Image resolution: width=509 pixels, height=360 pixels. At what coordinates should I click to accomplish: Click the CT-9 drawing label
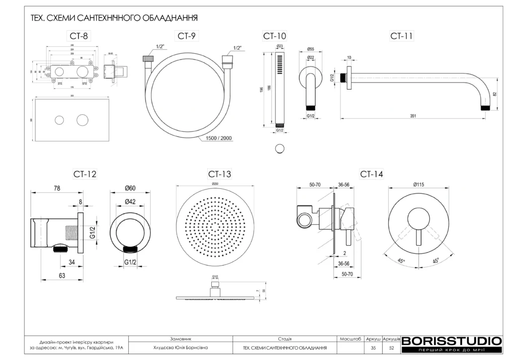pos(185,36)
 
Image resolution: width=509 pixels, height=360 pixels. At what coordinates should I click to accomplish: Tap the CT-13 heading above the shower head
pos(219,174)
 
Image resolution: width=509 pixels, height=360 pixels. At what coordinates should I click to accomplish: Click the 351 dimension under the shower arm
pos(413,116)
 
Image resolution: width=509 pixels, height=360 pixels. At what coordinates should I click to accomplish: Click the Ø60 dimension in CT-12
pos(131,188)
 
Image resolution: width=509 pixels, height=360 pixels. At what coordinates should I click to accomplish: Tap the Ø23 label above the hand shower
pos(279,46)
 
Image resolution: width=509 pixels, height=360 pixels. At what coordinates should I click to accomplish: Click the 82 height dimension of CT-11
pos(494,94)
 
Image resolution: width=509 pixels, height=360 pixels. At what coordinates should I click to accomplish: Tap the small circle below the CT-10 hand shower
pos(280,148)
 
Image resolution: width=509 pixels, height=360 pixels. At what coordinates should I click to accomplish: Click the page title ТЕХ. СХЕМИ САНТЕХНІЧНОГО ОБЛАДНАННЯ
pos(114,18)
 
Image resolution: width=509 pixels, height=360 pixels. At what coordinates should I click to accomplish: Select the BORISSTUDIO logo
pos(451,341)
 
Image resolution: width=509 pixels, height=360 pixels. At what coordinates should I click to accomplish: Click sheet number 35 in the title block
pos(373,348)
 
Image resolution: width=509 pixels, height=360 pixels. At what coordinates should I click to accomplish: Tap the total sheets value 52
pos(391,348)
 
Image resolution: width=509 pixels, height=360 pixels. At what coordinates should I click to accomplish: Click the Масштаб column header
pos(350,339)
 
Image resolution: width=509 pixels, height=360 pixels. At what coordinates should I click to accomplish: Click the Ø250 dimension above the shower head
pos(215,184)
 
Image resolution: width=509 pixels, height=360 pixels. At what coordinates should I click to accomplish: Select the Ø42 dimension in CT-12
pos(131,201)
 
